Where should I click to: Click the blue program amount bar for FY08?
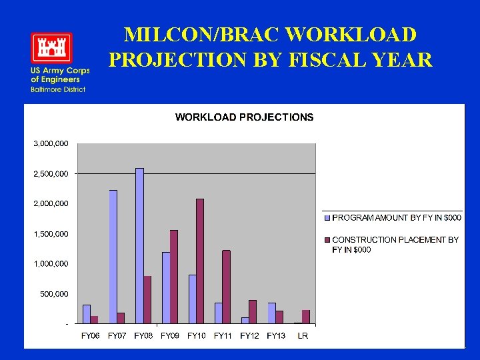point(139,246)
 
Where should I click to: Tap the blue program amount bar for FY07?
point(113,257)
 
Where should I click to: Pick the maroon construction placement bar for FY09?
point(174,277)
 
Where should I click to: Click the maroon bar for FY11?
point(226,287)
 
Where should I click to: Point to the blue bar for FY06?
point(87,314)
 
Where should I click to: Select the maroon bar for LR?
point(306,317)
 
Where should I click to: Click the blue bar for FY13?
point(271,313)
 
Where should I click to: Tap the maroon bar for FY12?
point(253,312)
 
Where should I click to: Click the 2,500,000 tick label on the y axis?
point(51,174)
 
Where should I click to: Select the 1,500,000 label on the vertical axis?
point(51,234)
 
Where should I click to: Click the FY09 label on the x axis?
point(169,336)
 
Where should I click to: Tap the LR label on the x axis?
point(303,336)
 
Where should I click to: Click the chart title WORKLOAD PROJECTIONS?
point(244,117)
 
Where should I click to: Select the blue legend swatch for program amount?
point(327,218)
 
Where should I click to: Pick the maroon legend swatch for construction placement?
point(327,240)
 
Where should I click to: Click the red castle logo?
point(51,48)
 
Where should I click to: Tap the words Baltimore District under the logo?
point(57,89)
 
